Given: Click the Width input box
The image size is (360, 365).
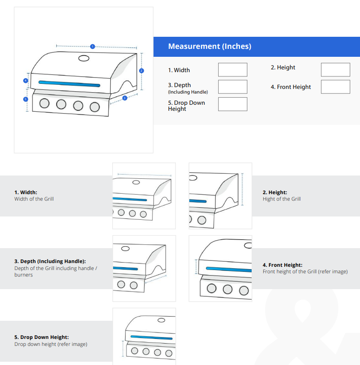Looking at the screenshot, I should pyautogui.click(x=233, y=70).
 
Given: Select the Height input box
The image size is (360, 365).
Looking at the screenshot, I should pyautogui.click(x=335, y=70).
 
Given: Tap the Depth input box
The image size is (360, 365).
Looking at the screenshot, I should pyautogui.click(x=233, y=87).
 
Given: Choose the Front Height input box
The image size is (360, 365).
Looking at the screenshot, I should pyautogui.click(x=335, y=87).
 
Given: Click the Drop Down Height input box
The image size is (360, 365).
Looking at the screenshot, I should pyautogui.click(x=233, y=104).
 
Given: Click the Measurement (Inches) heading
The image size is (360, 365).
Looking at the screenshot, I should pyautogui.click(x=209, y=47).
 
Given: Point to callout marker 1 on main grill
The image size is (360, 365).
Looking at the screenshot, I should pyautogui.click(x=93, y=47).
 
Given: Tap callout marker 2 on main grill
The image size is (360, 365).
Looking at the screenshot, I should pyautogui.click(x=141, y=71).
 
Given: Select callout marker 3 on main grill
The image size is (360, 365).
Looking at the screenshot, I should pyautogui.click(x=125, y=98).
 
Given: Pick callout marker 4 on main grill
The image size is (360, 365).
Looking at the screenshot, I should pyautogui.click(x=26, y=81).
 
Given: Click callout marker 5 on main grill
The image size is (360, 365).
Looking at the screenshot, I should pyautogui.click(x=26, y=99).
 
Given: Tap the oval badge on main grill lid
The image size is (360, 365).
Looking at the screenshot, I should pyautogui.click(x=84, y=59).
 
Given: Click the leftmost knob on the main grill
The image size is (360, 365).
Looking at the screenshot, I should pyautogui.click(x=44, y=104).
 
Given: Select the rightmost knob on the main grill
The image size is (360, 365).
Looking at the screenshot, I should pyautogui.click(x=95, y=107).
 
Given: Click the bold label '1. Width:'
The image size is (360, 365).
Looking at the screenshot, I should pyautogui.click(x=26, y=192).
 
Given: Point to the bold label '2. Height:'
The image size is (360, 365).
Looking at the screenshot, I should pyautogui.click(x=275, y=192).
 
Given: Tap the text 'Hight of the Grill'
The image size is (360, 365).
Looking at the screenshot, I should pyautogui.click(x=281, y=199).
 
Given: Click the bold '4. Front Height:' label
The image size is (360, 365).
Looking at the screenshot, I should pyautogui.click(x=282, y=265).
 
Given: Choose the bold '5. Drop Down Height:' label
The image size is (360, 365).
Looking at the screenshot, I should pyautogui.click(x=41, y=337).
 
